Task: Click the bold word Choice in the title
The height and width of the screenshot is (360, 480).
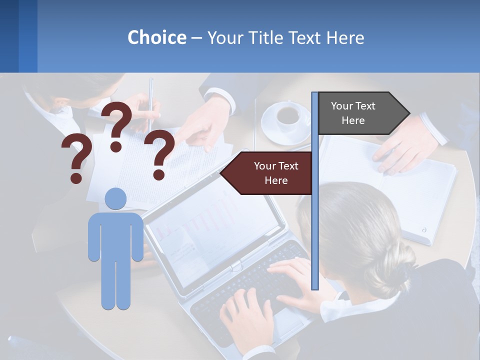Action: tap(156, 37)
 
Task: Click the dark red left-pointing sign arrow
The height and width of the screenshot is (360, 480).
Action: tap(268, 173)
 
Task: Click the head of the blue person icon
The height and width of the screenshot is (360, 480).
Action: tap(115, 199)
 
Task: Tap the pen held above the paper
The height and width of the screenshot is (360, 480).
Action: tap(150, 100)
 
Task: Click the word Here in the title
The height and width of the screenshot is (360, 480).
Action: tap(345, 37)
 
